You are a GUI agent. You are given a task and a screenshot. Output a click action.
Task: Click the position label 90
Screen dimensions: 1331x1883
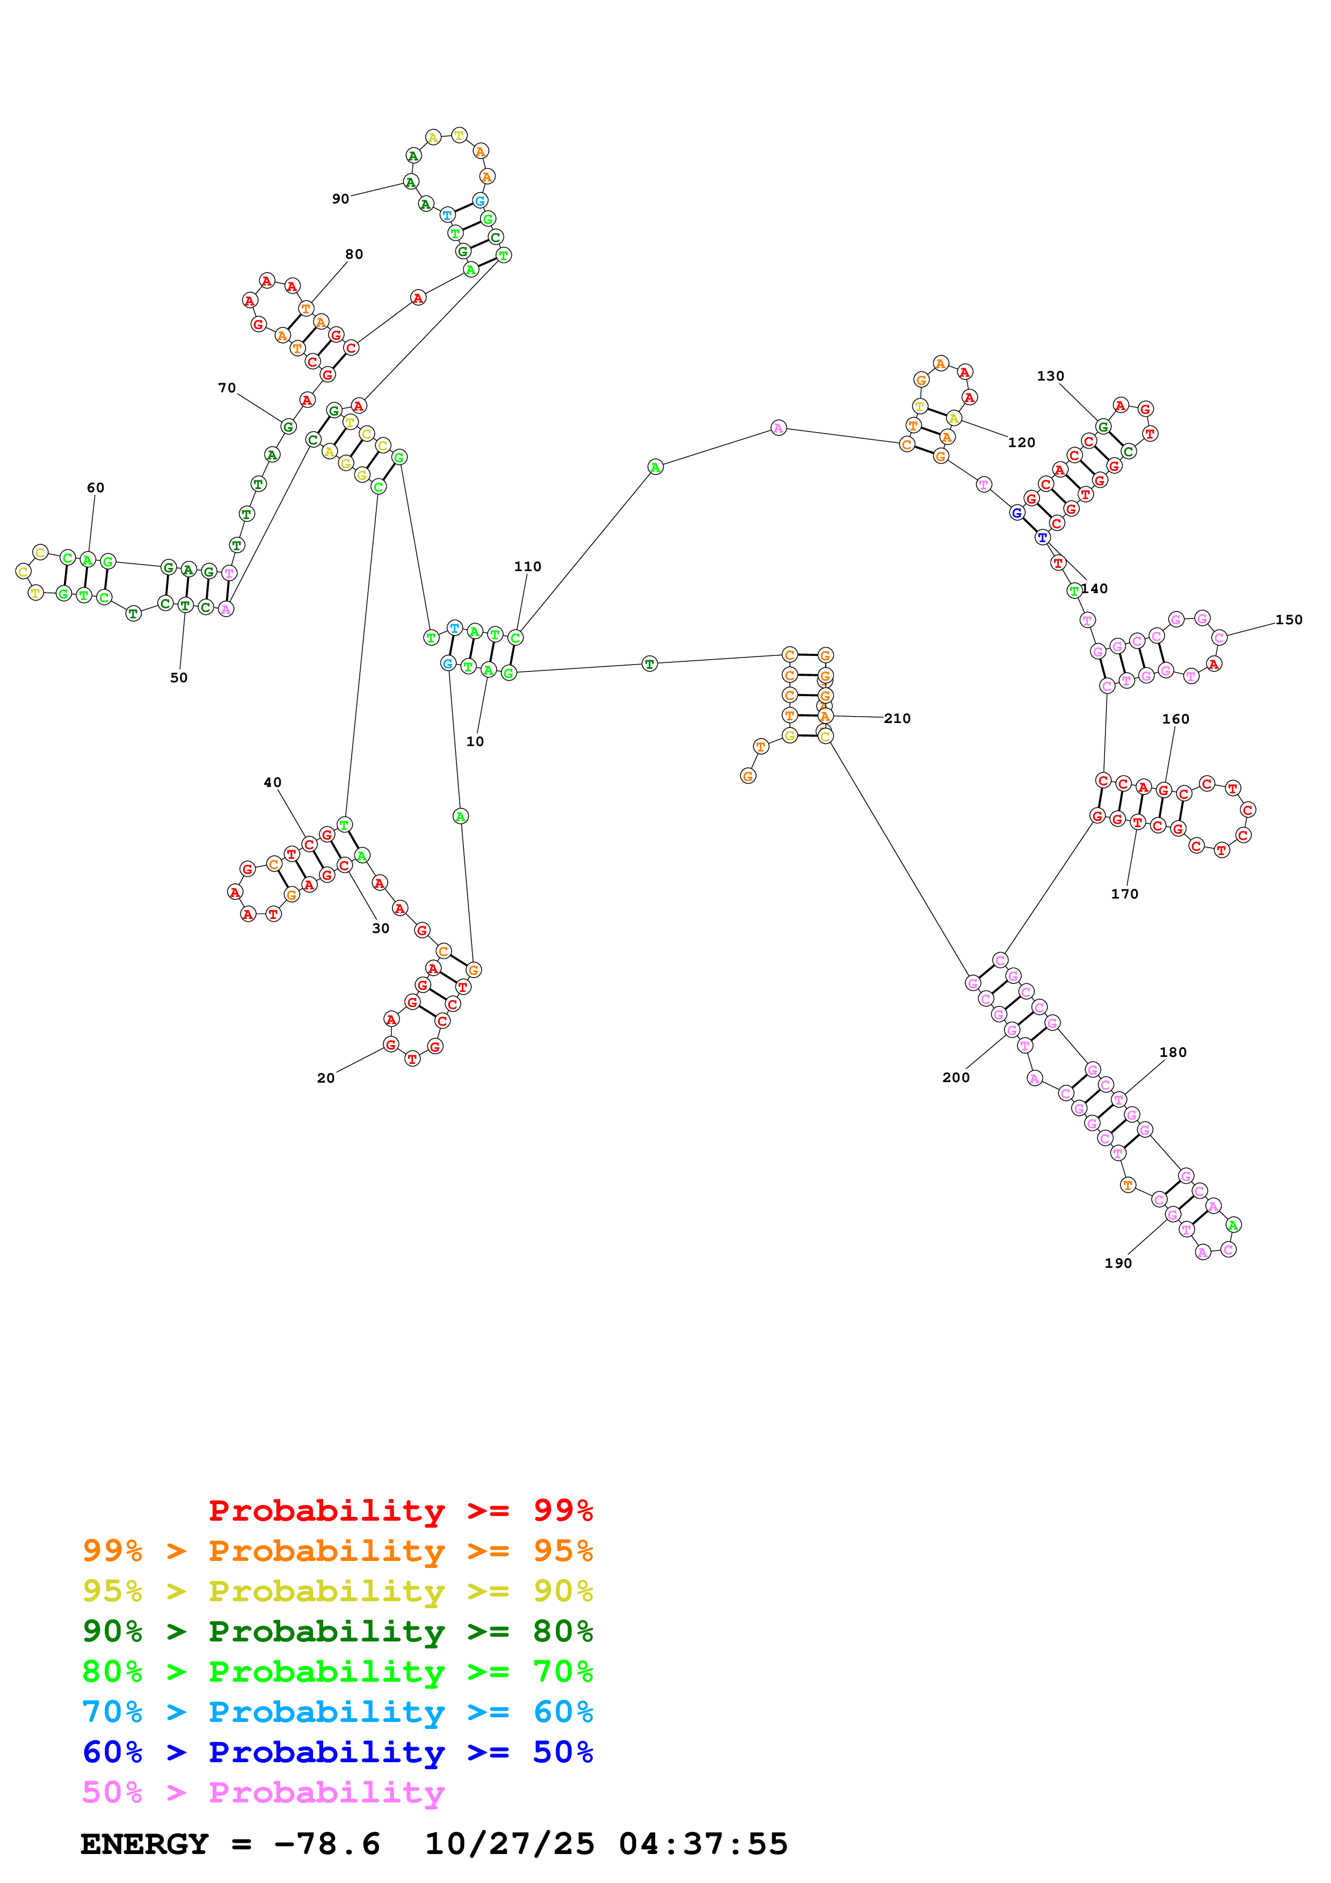click(x=340, y=199)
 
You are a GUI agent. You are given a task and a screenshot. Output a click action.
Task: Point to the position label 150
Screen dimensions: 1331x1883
click(x=1289, y=620)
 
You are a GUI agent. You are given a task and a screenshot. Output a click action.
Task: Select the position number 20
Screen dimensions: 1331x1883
click(x=325, y=1078)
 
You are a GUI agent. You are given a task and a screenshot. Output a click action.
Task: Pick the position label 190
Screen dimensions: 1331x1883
click(x=1118, y=1263)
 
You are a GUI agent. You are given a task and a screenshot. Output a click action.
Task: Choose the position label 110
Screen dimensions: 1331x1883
click(x=527, y=567)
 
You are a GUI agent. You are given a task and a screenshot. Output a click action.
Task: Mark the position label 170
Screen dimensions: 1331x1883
click(x=1124, y=894)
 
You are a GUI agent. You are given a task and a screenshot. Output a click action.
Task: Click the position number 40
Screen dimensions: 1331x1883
click(x=272, y=783)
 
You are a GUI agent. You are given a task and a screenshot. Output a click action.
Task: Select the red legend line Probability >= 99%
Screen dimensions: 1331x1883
click(x=400, y=1510)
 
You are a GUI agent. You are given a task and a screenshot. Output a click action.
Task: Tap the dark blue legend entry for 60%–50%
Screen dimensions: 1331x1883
click(x=337, y=1752)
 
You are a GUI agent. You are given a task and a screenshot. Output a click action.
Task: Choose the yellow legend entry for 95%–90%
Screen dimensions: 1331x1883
click(x=337, y=1591)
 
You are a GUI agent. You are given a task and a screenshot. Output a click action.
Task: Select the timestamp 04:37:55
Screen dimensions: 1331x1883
click(x=703, y=1844)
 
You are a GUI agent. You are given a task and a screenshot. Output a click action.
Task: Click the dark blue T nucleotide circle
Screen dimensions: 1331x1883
click(x=1042, y=538)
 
